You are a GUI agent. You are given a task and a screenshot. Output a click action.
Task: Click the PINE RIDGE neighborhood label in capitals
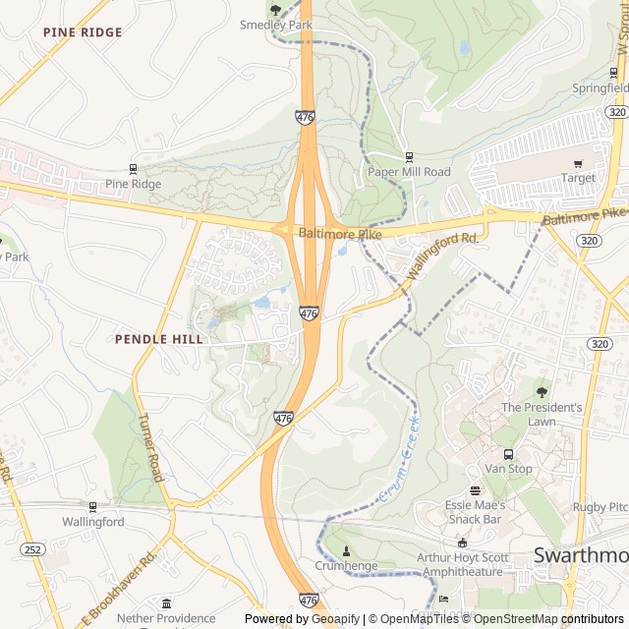83,32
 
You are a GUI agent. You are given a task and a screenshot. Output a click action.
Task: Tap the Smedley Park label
275,25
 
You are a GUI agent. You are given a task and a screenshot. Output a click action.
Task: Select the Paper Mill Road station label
409,172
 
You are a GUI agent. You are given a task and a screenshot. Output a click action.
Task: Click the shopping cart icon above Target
578,163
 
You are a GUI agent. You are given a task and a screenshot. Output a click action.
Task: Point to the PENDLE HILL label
159,339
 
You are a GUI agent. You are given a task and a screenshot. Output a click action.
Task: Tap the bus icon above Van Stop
508,454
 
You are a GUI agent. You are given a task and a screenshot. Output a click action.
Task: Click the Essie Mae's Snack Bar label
475,511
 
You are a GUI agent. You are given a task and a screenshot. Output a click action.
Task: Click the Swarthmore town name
580,555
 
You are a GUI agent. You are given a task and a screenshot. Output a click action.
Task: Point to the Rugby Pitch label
601,507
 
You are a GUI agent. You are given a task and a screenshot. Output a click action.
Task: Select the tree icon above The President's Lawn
542,392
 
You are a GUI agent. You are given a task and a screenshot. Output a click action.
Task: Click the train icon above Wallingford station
93,507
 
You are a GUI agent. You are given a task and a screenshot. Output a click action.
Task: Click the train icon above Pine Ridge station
133,169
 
